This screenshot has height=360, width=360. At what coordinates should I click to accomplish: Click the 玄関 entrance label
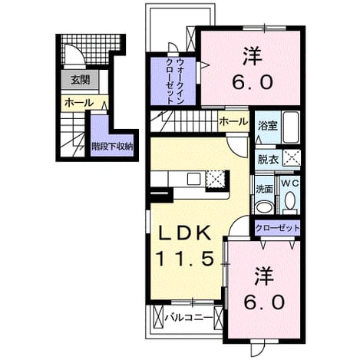[80, 81]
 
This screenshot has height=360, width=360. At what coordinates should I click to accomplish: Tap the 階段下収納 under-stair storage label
[112, 147]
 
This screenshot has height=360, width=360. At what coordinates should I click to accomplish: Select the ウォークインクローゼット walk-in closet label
[174, 81]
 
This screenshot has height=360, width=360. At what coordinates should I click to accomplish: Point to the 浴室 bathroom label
[268, 126]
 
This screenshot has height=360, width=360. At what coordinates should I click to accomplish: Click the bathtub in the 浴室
[290, 127]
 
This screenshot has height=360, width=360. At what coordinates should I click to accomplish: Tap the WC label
[290, 183]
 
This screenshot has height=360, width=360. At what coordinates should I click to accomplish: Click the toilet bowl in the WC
[289, 200]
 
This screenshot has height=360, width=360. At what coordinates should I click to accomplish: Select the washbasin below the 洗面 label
[264, 206]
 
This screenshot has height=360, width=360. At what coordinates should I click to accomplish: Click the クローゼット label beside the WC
[277, 227]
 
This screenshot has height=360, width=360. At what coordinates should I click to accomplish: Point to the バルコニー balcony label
[189, 318]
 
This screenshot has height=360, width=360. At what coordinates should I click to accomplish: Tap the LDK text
[185, 233]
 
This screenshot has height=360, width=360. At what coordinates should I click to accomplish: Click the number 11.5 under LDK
[185, 258]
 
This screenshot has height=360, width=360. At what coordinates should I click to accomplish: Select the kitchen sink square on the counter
[193, 179]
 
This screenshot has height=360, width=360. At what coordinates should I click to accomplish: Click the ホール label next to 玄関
[79, 103]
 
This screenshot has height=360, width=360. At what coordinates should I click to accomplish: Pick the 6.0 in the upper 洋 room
[253, 82]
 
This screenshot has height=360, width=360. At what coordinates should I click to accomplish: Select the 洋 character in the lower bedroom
[264, 276]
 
